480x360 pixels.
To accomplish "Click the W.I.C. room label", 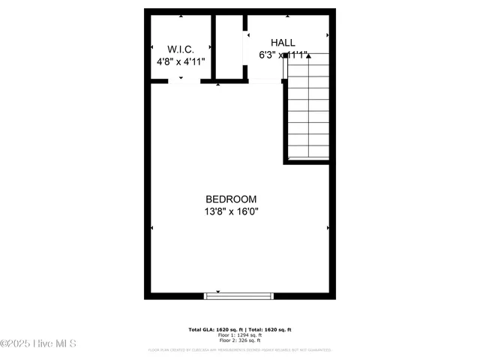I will pyautogui.click(x=181, y=48).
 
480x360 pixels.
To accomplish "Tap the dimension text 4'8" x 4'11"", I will pyautogui.click(x=181, y=61).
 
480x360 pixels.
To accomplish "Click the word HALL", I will pyautogui.click(x=283, y=43).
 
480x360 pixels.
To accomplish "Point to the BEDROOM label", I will pyautogui.click(x=231, y=199).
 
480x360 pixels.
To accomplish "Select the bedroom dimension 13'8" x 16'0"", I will pyautogui.click(x=231, y=211).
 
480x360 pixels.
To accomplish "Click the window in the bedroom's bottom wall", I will pyautogui.click(x=240, y=296).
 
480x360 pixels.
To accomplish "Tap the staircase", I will pyautogui.click(x=307, y=109).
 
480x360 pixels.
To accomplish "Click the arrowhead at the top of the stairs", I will pyautogui.click(x=307, y=55).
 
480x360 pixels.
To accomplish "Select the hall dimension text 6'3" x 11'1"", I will pyautogui.click(x=283, y=55).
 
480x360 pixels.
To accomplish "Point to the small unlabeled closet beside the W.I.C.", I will pyautogui.click(x=229, y=46).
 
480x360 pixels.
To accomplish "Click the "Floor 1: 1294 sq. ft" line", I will pyautogui.click(x=240, y=335).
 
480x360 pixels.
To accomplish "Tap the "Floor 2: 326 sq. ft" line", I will pyautogui.click(x=240, y=340).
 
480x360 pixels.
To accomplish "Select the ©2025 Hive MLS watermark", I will pyautogui.click(x=38, y=343).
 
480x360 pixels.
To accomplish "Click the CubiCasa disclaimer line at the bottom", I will pyautogui.click(x=240, y=349).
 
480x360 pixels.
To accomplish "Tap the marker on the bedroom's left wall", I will pyautogui.click(x=151, y=228).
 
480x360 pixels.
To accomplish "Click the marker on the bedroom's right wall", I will pyautogui.click(x=328, y=228).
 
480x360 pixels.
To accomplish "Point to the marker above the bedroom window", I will pyautogui.click(x=218, y=291).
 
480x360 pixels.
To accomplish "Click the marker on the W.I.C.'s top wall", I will pyautogui.click(x=181, y=16).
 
